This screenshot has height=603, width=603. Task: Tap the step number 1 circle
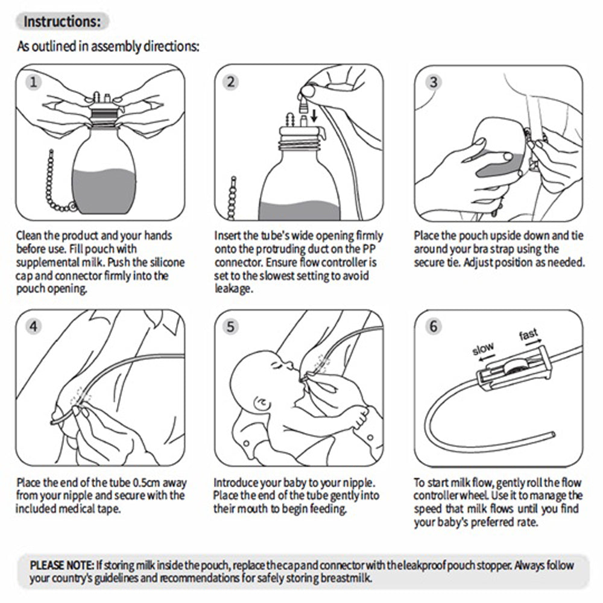(x=36, y=82)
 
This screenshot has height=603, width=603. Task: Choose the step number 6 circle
(x=433, y=326)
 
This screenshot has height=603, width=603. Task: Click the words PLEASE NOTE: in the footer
(x=62, y=565)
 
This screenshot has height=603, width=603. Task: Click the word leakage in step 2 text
(x=233, y=289)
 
